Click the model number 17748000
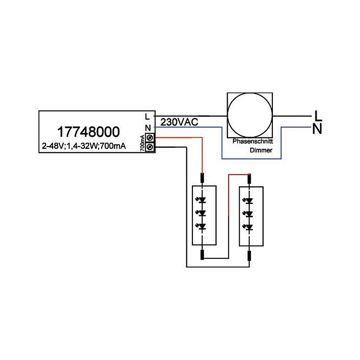point(88,132)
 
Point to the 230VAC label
point(180,122)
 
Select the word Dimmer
point(261,150)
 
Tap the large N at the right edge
point(317,129)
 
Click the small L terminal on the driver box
point(147,117)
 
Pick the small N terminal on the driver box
point(147,127)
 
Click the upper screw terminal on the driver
point(150,138)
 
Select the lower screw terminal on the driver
point(150,147)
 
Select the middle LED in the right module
point(249,214)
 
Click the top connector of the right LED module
point(249,178)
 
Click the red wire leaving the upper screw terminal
point(180,138)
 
